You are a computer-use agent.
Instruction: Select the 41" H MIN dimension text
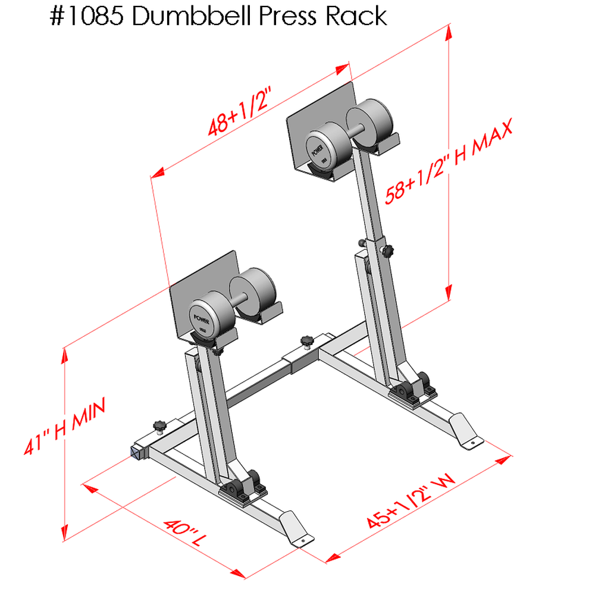[65, 428]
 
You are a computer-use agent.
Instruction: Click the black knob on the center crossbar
[307, 342]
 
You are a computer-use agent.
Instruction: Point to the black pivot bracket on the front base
[245, 486]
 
